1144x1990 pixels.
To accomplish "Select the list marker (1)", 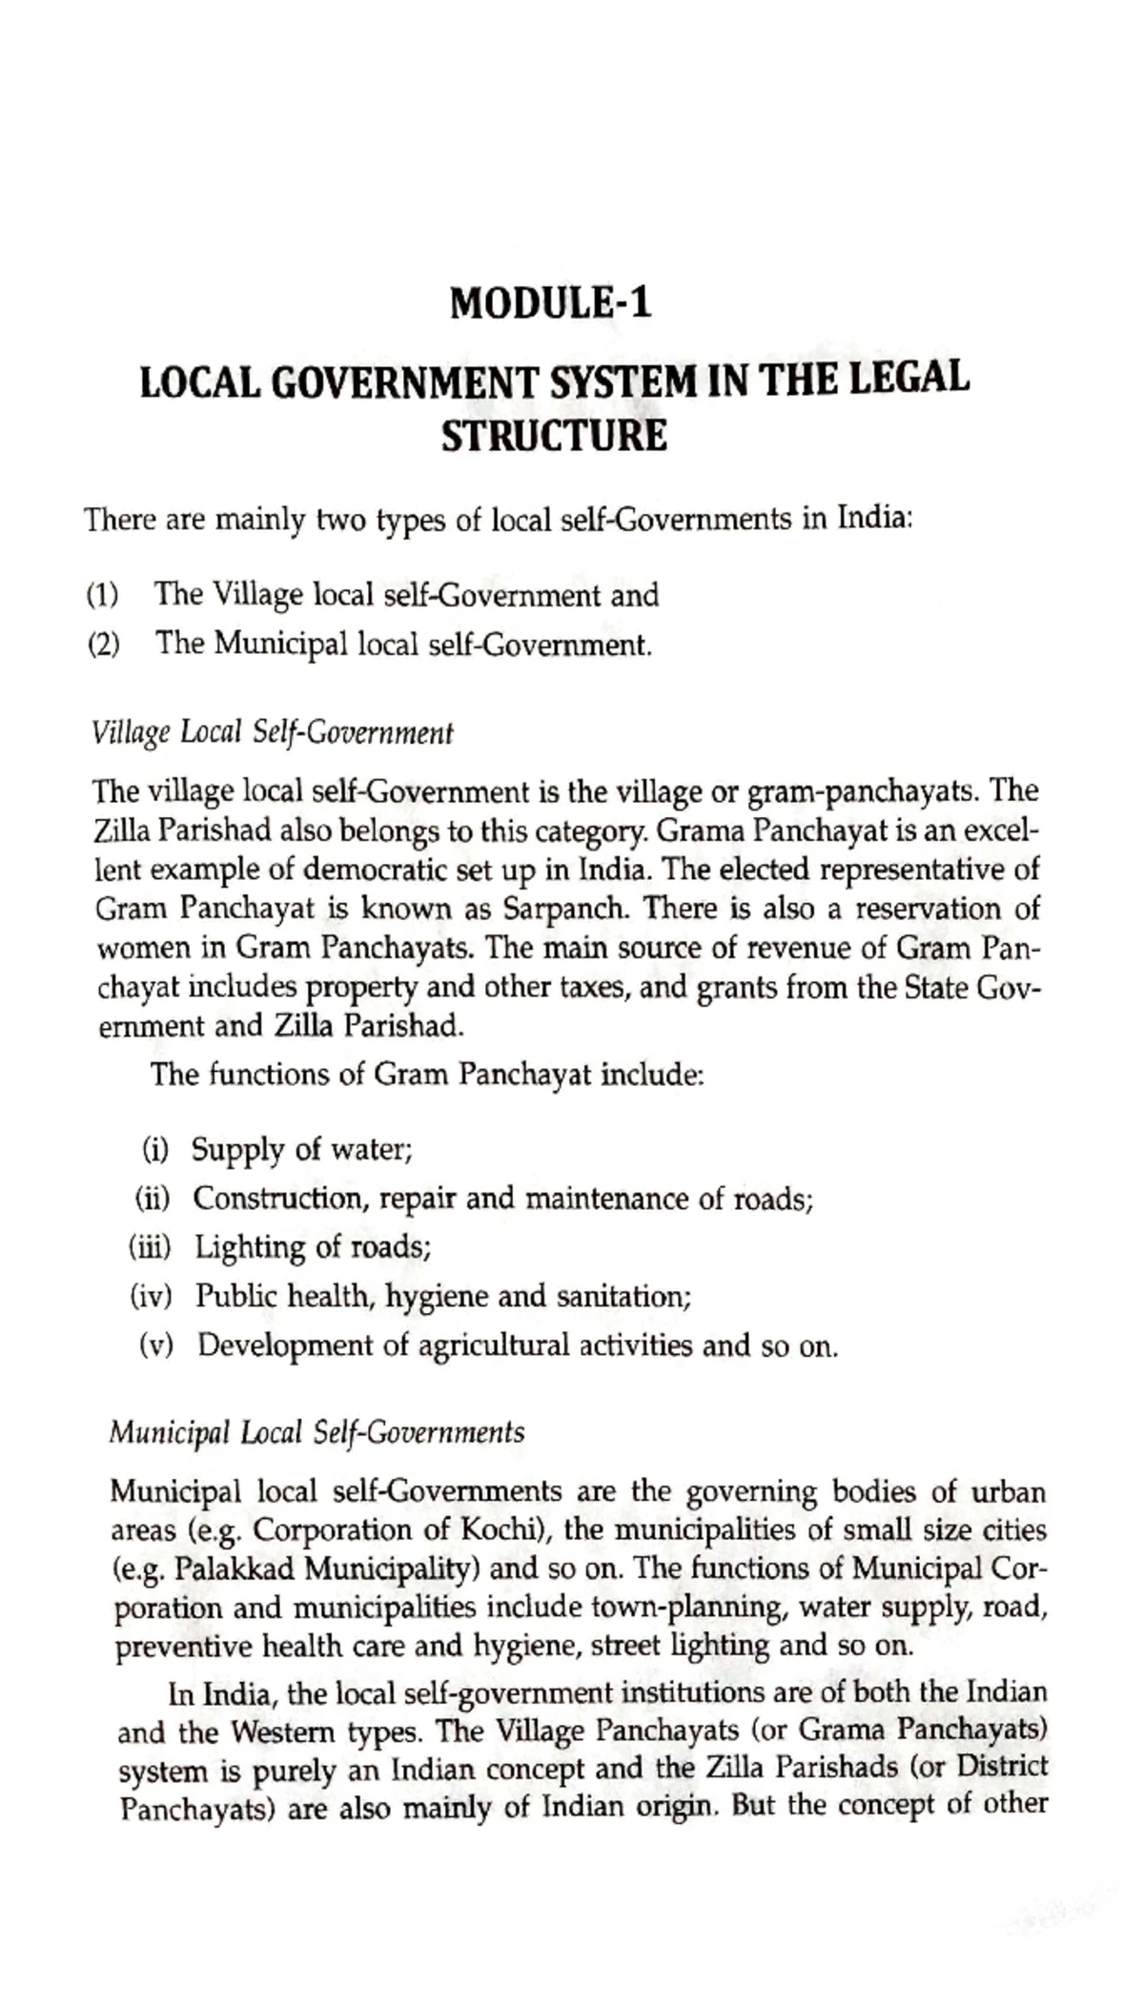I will [102, 596].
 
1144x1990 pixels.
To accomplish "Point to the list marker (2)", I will [103, 646].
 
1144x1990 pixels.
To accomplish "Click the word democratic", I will [459, 870].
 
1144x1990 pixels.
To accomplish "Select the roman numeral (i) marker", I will [154, 1150].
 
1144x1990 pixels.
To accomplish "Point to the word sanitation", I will [623, 1297].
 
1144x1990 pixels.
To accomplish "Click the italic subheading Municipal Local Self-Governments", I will [317, 1432].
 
